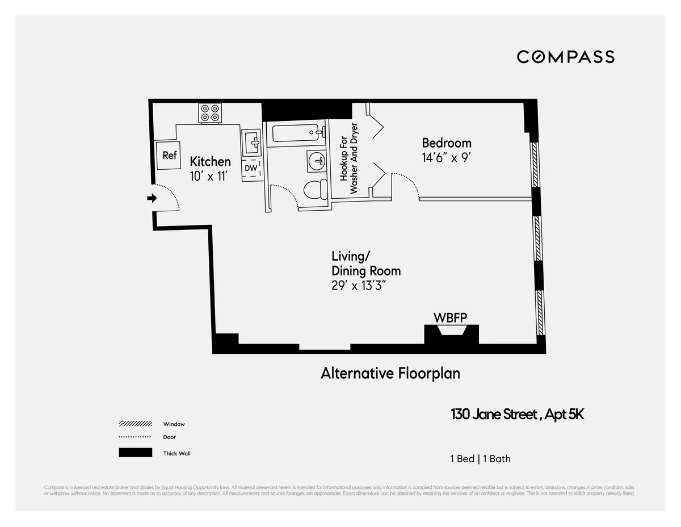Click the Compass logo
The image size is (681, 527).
click(565, 57)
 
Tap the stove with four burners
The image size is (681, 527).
click(209, 113)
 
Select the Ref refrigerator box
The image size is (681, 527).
click(169, 155)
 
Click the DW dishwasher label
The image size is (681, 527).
click(251, 168)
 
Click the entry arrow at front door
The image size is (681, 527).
click(152, 198)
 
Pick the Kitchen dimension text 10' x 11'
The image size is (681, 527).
click(209, 177)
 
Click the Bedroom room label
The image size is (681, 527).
click(446, 143)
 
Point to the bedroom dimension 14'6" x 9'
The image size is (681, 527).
click(446, 158)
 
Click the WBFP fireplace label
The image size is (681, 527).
click(450, 318)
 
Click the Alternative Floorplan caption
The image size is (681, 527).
click(390, 373)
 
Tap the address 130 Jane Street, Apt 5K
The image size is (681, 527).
click(517, 415)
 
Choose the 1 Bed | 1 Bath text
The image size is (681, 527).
click(480, 459)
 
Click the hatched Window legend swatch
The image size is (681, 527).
click(135, 424)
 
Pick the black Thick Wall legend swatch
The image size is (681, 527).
click(135, 453)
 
